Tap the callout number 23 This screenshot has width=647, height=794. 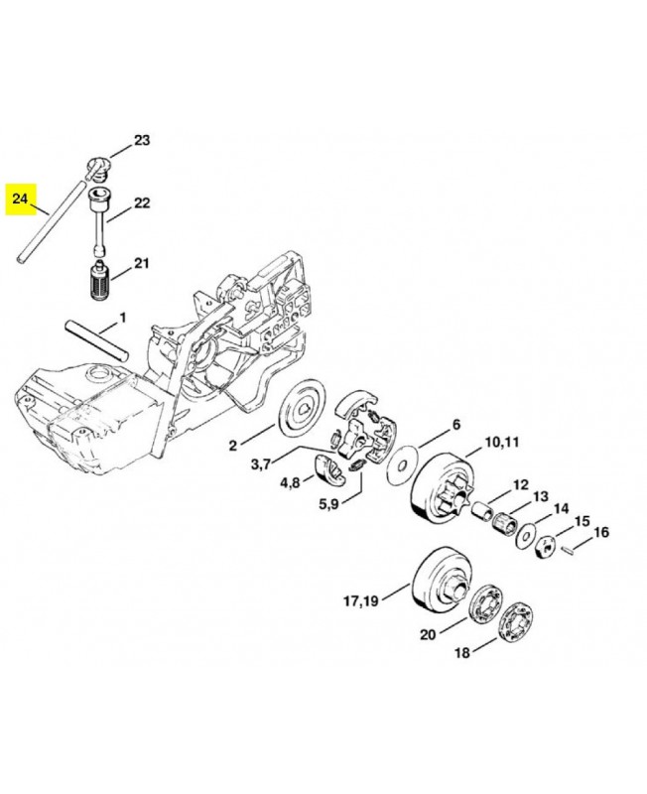click(x=141, y=140)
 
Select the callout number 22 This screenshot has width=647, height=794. click(x=141, y=202)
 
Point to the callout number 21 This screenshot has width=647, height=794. click(x=141, y=263)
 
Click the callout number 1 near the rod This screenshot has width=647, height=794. click(x=123, y=318)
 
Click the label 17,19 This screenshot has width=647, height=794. click(x=362, y=599)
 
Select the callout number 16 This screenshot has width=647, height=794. click(x=600, y=532)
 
